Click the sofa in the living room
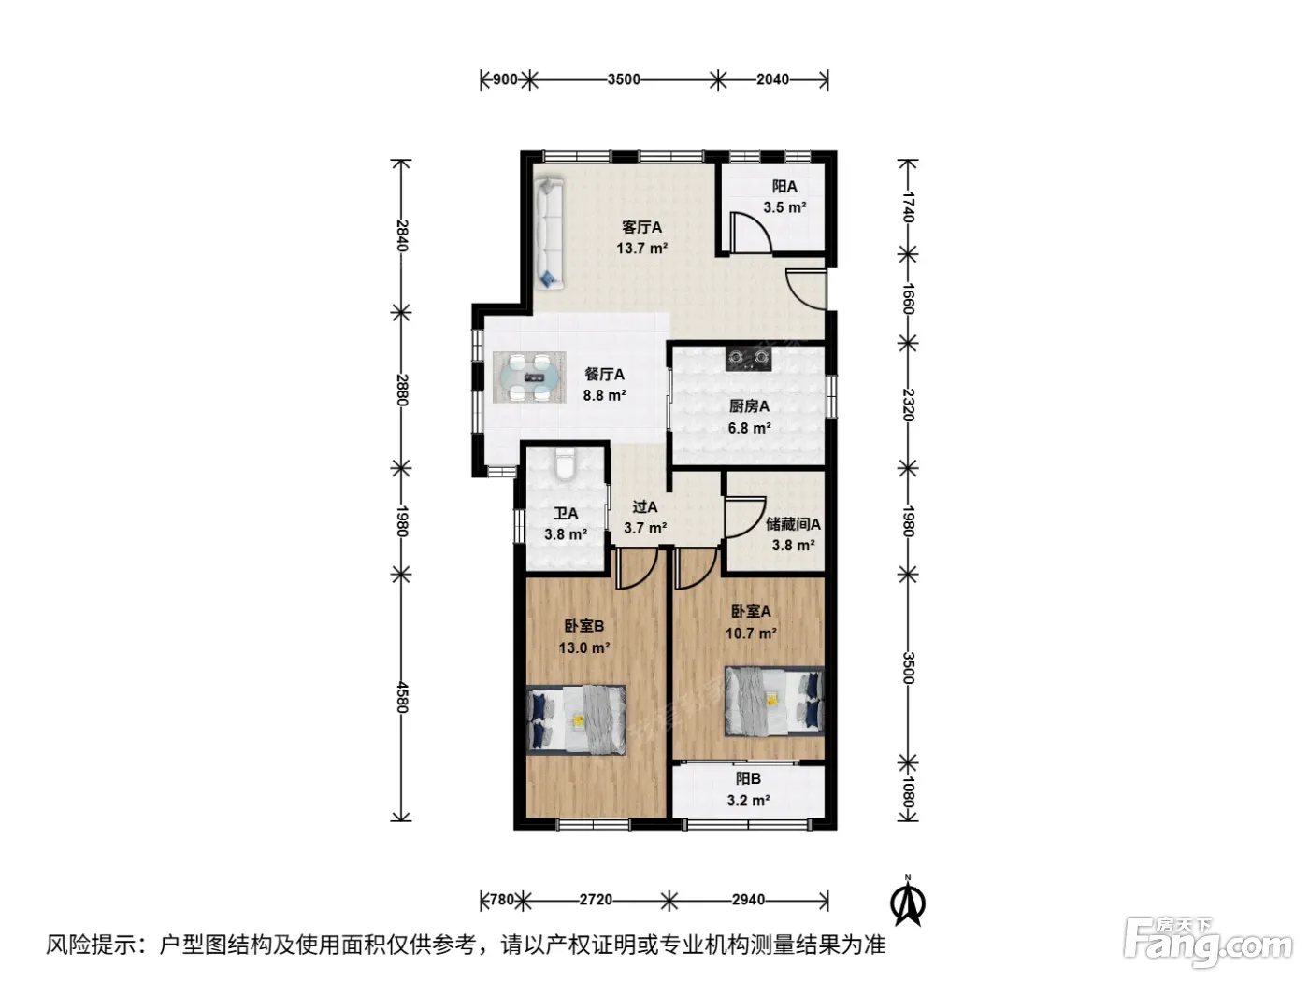pyautogui.click(x=549, y=235)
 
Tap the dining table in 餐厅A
pyautogui.click(x=529, y=377)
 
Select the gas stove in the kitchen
pyautogui.click(x=748, y=358)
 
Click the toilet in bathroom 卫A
pyautogui.click(x=564, y=463)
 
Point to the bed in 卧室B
pyautogui.click(x=576, y=720)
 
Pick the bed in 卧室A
pyautogui.click(x=774, y=701)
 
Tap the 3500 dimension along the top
pyautogui.click(x=624, y=79)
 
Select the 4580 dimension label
pyautogui.click(x=401, y=698)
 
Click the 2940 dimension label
pyautogui.click(x=748, y=900)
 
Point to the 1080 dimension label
pyautogui.click(x=908, y=790)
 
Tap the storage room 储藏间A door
pyautogui.click(x=745, y=517)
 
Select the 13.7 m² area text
pyautogui.click(x=641, y=248)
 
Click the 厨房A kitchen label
pyautogui.click(x=749, y=406)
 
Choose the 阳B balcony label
pyautogui.click(x=748, y=778)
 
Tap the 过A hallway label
pyautogui.click(x=644, y=507)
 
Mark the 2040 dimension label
pyautogui.click(x=772, y=79)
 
